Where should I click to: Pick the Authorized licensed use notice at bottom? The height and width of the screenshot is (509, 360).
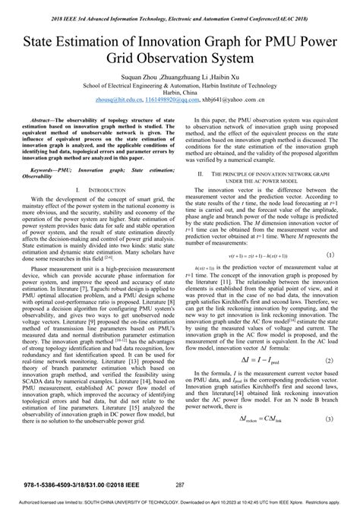[180, 503]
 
